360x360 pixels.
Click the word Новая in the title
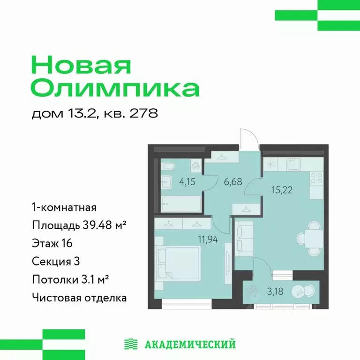80,66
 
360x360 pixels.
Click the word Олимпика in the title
115,89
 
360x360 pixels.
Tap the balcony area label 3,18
275,291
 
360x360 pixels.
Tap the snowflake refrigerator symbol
270,164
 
